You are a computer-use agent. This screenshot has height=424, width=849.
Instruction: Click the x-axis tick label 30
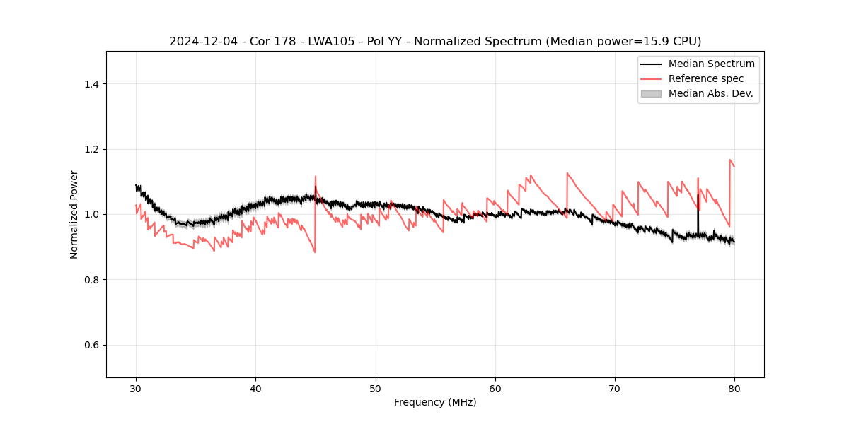(x=136, y=388)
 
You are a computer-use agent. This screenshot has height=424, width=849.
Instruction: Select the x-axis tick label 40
(x=255, y=388)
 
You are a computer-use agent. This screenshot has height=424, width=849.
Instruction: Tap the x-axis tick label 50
(x=376, y=388)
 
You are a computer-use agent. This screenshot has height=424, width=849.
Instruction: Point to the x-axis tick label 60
(x=495, y=388)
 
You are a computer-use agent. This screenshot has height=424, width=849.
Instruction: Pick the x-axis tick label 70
(x=615, y=388)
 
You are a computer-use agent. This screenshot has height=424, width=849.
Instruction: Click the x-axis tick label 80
(x=734, y=388)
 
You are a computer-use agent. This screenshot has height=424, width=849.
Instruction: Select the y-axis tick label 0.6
(x=91, y=345)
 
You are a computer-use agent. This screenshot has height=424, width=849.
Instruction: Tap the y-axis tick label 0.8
(x=91, y=280)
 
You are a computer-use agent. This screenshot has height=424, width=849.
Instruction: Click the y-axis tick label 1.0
(x=91, y=214)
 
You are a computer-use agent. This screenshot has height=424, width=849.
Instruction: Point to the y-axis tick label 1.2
(x=91, y=149)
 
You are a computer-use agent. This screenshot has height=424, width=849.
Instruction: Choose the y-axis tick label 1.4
(x=91, y=84)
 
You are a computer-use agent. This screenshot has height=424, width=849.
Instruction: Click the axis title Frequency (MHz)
(x=435, y=402)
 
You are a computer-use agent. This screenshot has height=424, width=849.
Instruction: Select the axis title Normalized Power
(x=74, y=214)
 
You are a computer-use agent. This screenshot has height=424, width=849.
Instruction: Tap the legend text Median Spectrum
(x=712, y=64)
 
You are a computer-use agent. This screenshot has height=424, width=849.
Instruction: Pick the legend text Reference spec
(x=706, y=78)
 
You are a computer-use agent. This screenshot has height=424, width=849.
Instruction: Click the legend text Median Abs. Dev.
(x=711, y=93)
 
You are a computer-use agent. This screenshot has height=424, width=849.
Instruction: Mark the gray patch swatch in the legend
(x=651, y=93)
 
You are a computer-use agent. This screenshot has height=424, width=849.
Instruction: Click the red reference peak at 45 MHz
(x=316, y=177)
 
